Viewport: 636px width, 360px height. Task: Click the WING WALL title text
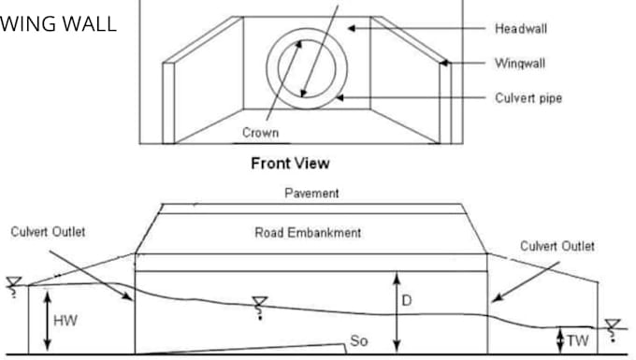[x=58, y=23]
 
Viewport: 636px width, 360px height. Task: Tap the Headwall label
[x=521, y=29]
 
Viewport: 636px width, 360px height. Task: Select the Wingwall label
[x=520, y=64]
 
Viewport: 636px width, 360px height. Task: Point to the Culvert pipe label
[x=528, y=97]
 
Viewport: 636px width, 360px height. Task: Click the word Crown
[x=260, y=133]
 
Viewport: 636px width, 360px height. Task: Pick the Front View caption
[x=290, y=163]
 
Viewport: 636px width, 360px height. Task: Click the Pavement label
[x=311, y=194]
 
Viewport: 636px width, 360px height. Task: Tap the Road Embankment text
[x=308, y=232]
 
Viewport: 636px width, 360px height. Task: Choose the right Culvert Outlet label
[x=558, y=246]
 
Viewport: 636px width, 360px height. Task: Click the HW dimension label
[x=65, y=321]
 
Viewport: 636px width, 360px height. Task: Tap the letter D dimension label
[x=406, y=302]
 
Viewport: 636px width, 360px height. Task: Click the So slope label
[x=358, y=341]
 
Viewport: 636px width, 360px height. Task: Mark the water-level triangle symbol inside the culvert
[x=260, y=303]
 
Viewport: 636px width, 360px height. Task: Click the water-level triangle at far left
[x=12, y=281]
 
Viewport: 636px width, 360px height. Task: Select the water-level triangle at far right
[x=612, y=326]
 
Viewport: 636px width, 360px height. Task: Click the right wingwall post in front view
[x=445, y=102]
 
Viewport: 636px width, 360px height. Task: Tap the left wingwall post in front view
[x=168, y=102]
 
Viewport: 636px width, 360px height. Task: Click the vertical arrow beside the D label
[x=397, y=309]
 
